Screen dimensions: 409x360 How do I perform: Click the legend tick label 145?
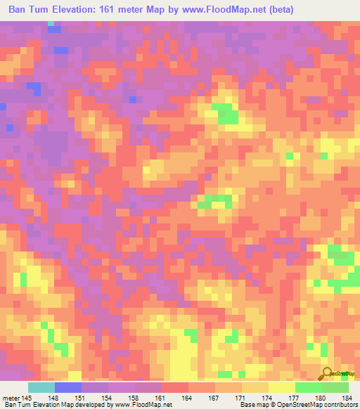pos(27,398)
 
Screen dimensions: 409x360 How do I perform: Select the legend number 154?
pos(108,398)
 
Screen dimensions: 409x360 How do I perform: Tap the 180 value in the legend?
pos(321,398)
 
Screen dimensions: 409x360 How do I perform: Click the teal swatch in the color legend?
pos(41,387)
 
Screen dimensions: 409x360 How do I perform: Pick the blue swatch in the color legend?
pos(68,387)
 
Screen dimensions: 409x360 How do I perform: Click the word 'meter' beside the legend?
pos(12,398)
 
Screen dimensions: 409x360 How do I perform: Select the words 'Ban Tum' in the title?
pos(28,9)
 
